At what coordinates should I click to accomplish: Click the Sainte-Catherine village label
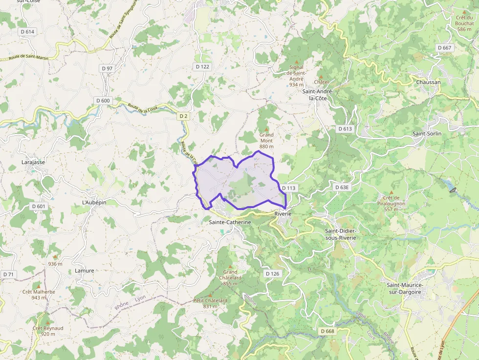230,222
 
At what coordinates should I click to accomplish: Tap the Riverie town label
283,214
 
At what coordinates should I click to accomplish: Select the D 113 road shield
289,188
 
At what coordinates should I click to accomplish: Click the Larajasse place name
33,162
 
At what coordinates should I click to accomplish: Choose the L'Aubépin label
94,202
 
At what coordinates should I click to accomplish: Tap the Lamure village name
85,271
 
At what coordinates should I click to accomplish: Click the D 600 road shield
103,100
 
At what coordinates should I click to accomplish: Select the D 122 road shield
202,66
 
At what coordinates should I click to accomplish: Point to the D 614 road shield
28,31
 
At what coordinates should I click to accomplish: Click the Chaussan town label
428,82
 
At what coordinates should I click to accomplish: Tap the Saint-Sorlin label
427,133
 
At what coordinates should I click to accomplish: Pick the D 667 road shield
444,47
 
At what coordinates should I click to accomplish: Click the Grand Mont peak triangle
266,128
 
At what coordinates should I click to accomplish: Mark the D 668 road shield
328,331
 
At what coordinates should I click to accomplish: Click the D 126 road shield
272,274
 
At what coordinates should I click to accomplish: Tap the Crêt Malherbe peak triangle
39,285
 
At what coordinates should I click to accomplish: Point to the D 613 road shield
345,128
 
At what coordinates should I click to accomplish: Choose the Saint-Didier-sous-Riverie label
341,234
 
